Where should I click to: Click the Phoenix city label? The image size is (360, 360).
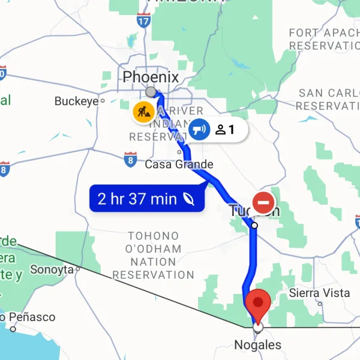tap(151, 77)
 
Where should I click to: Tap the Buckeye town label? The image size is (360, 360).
tap(76, 101)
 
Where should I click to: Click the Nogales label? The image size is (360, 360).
tap(257, 345)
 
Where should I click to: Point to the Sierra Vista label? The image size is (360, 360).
tap(319, 293)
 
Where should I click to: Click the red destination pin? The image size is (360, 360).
tap(259, 303)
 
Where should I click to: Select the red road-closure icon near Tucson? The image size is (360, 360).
tap(263, 202)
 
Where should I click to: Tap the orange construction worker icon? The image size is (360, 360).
tap(143, 112)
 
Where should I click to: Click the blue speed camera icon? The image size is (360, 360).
tap(199, 129)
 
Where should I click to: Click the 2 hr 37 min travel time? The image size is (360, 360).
tap(137, 199)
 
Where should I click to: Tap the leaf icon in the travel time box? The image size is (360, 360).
tap(189, 199)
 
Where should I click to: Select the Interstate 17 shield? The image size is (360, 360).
tap(143, 21)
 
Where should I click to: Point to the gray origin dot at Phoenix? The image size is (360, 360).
tap(151, 92)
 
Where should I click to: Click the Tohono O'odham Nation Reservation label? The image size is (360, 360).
tap(154, 256)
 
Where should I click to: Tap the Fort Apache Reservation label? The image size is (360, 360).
tap(324, 39)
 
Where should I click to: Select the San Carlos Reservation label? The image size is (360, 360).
tap(329, 99)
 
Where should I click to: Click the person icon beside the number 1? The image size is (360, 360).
tap(220, 129)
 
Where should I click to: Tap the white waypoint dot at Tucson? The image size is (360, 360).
tap(254, 226)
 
